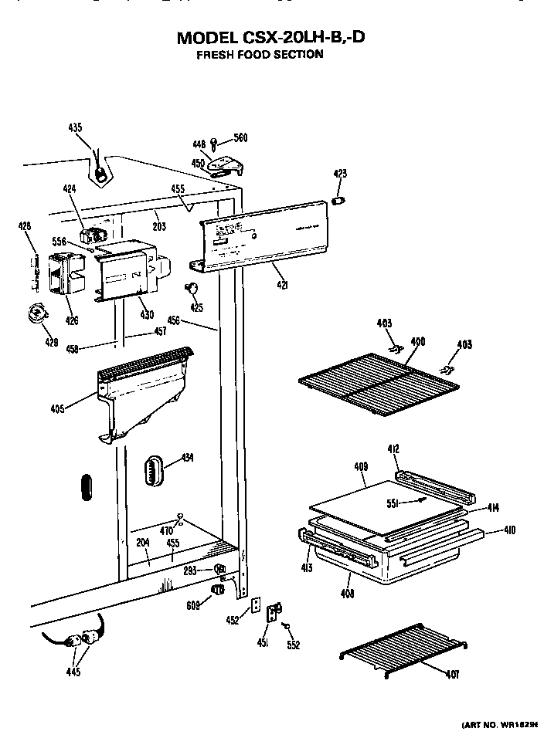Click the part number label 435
pyautogui.click(x=75, y=127)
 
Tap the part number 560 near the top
pyautogui.click(x=240, y=138)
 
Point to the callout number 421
pyautogui.click(x=283, y=285)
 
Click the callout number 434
pyautogui.click(x=187, y=458)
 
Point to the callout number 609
pyautogui.click(x=192, y=606)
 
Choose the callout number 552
pyautogui.click(x=293, y=645)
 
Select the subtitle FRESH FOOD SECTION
pyautogui.click(x=260, y=55)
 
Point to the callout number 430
pyautogui.click(x=147, y=314)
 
